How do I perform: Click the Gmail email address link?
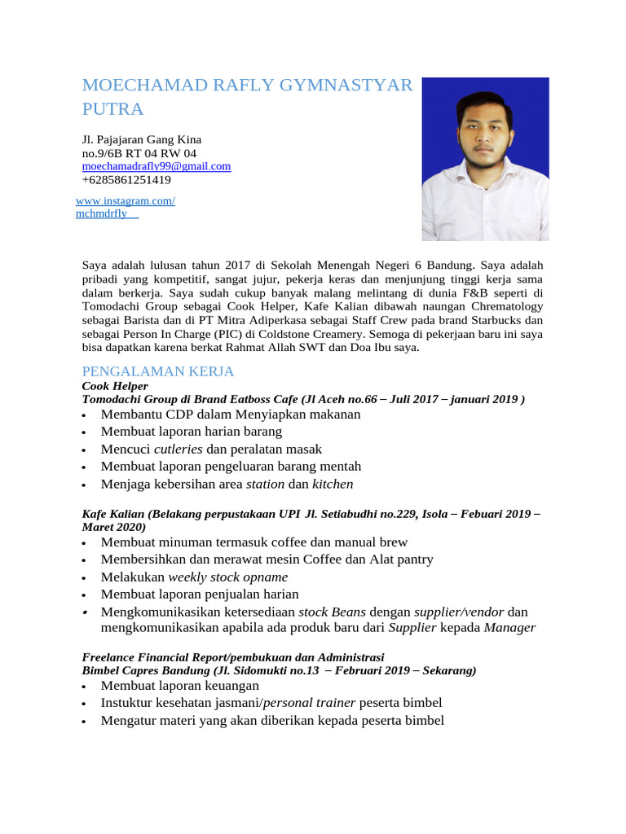tap(156, 166)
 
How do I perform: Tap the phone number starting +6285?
tap(126, 180)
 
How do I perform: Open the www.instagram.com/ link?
tap(125, 200)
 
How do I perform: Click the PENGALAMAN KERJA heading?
tap(158, 371)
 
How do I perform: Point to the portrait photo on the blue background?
tap(485, 159)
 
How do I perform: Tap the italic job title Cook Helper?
tap(115, 386)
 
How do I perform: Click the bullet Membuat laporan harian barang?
tap(192, 432)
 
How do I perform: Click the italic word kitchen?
tap(333, 484)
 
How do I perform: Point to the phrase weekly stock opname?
tap(228, 577)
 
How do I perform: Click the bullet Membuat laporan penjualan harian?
tap(200, 595)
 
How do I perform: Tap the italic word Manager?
tap(509, 627)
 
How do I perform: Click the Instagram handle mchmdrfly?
tap(104, 213)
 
